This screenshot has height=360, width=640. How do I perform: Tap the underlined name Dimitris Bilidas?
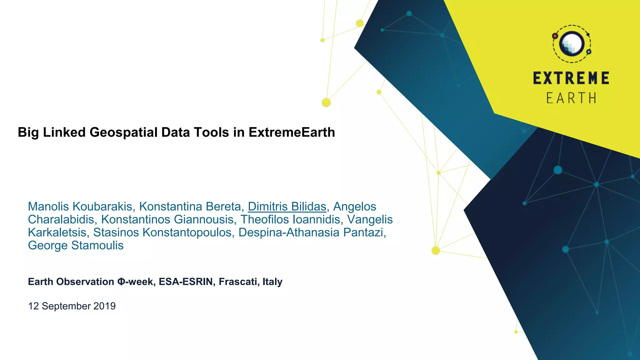pos(287,207)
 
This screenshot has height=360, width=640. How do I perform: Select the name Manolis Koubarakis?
pos(80,207)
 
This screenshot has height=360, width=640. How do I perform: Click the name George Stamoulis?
pos(76,245)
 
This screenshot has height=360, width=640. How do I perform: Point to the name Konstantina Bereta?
pos(190,207)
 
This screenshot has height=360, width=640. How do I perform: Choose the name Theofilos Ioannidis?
pos(290,219)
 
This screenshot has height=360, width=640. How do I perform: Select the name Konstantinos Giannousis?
pos(167,219)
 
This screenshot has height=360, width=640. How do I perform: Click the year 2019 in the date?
pos(104,306)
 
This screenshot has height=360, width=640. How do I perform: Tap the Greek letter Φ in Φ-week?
pos(121,282)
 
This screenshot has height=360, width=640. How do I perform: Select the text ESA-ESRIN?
pos(186,282)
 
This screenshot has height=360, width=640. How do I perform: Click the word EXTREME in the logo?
pos(571,78)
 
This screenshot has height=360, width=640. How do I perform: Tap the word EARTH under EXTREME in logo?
pos(571,98)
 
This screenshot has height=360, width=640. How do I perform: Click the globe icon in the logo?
pos(572,44)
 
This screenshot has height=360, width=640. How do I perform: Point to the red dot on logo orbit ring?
pos(555,36)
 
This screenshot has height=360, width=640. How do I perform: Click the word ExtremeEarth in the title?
pos(292,132)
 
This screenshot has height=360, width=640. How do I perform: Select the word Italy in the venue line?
pos(272,282)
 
